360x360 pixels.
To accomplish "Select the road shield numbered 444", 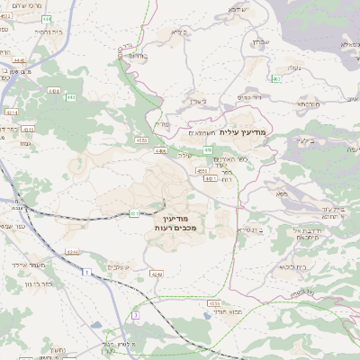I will click(x=46, y=19).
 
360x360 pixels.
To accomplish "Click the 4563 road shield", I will click(x=142, y=139).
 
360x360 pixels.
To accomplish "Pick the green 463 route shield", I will click(x=276, y=79).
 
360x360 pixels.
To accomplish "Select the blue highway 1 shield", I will click(x=85, y=271).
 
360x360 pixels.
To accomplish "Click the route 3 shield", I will click(x=135, y=315).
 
